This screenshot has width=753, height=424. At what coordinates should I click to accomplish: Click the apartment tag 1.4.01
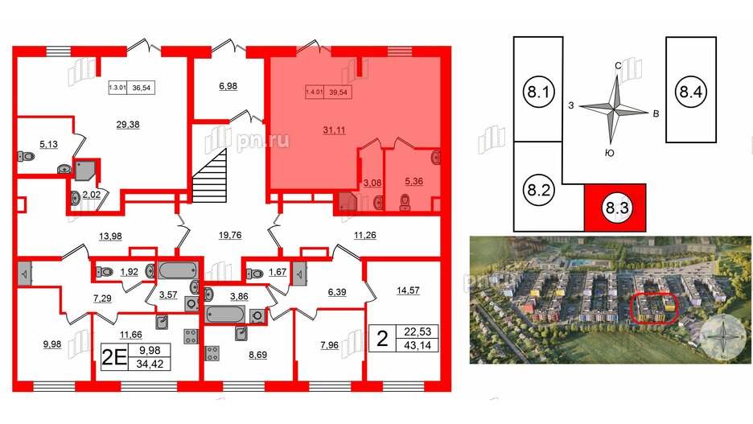click(314, 92)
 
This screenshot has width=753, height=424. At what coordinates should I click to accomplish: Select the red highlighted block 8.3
click(617, 210)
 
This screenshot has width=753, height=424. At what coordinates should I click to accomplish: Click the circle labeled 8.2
click(537, 192)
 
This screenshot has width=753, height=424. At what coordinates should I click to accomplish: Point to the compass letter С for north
click(617, 66)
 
